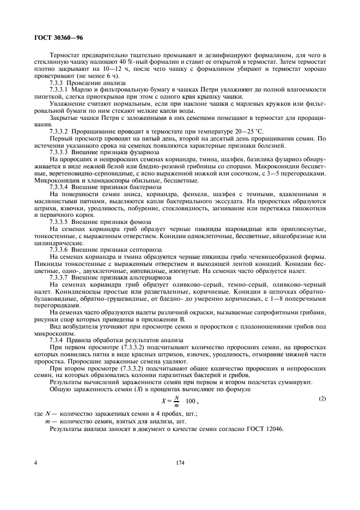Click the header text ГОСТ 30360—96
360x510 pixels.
pos(54,39)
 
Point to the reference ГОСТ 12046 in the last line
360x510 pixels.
pos(265,429)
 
